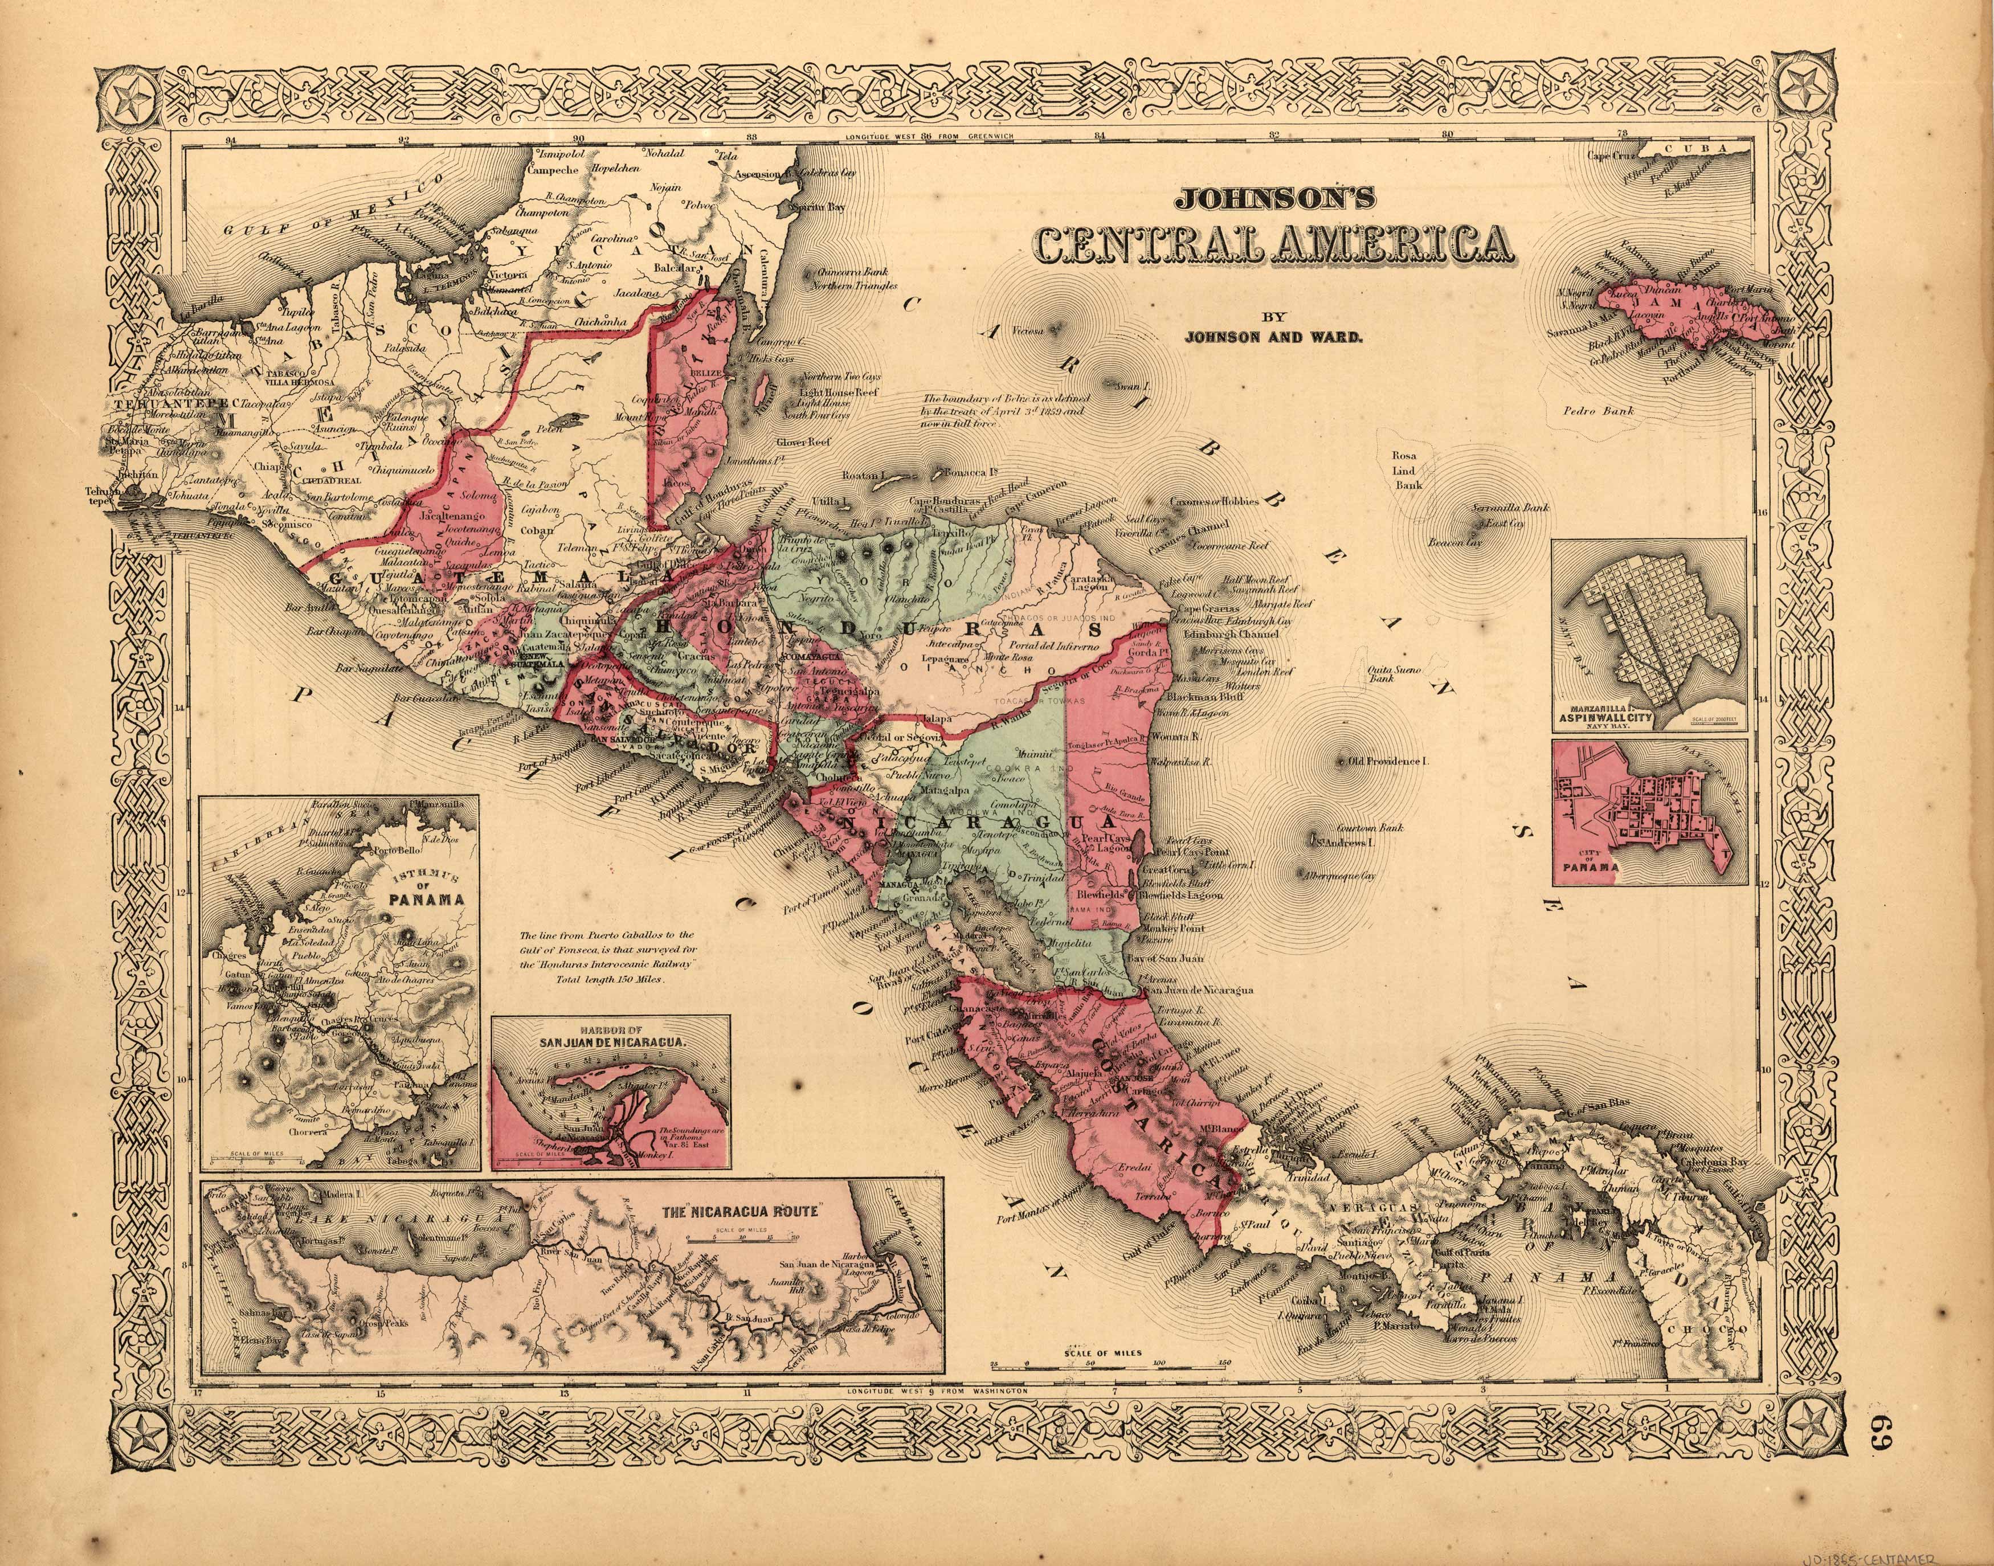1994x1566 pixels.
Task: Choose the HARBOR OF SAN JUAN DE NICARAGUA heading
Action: point(610,1037)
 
